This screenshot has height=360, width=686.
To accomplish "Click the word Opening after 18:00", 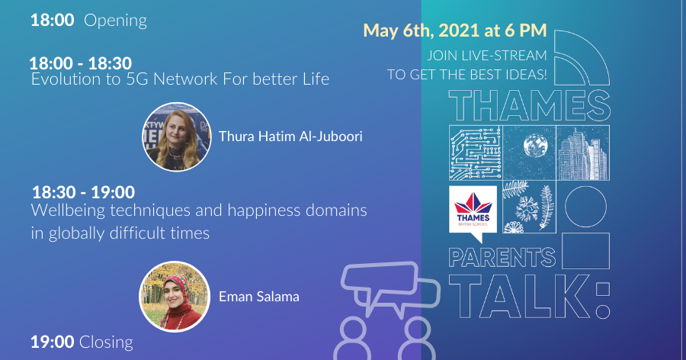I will [115, 21].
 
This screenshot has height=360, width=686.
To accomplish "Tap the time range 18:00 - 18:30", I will [80, 63].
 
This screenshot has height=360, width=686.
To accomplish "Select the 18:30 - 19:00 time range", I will [83, 192].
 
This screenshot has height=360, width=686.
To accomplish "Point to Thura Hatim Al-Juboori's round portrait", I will [175, 137].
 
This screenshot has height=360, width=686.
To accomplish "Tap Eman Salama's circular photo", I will [175, 297].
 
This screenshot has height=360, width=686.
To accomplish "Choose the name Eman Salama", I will [258, 297].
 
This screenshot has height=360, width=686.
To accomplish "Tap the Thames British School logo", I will [473, 209].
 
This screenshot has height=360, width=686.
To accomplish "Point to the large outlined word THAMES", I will [529, 104].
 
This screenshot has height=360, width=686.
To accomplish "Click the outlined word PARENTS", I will [501, 256].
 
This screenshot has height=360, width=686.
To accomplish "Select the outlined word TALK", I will [518, 294].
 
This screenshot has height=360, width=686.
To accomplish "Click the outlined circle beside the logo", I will [584, 205].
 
